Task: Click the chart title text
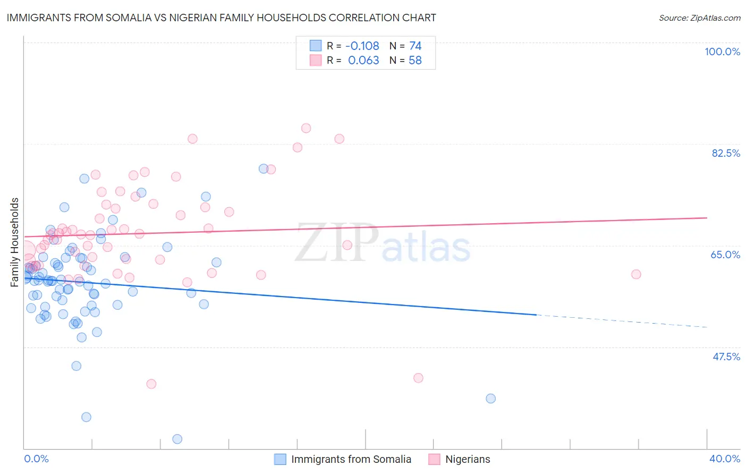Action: (222, 18)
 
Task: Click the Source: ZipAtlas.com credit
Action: (699, 18)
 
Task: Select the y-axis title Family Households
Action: (15, 242)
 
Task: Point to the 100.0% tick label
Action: (722, 52)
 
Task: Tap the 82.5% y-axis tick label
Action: (726, 153)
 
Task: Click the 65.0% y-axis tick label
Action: (725, 255)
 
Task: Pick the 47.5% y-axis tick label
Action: (726, 357)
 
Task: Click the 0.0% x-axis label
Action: (36, 459)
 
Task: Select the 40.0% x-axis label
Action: (724, 459)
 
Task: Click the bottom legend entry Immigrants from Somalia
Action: (351, 459)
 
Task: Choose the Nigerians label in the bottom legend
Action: (468, 459)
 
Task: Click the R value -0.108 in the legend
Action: (362, 46)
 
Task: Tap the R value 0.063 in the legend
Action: (363, 61)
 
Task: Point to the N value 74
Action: (415, 46)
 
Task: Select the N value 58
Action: (415, 61)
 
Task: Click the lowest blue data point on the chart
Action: (177, 439)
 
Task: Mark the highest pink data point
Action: (306, 128)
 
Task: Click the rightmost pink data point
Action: (636, 274)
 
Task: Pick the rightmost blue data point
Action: (490, 399)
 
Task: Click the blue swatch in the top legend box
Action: (316, 46)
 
